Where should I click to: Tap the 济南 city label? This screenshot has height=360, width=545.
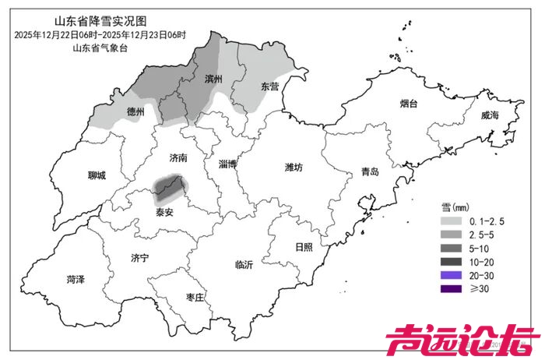point(178,157)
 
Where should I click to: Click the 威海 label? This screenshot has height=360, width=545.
point(489,115)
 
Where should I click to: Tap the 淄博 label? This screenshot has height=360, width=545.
point(228,164)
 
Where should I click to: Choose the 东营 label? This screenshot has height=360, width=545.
point(269,86)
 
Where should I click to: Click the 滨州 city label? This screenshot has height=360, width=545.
point(213,79)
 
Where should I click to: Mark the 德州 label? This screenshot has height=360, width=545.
point(135,112)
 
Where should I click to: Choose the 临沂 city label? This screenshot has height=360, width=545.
point(244,265)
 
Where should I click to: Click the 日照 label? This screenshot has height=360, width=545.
point(304,247)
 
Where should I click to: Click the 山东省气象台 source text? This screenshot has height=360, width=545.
point(99,48)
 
